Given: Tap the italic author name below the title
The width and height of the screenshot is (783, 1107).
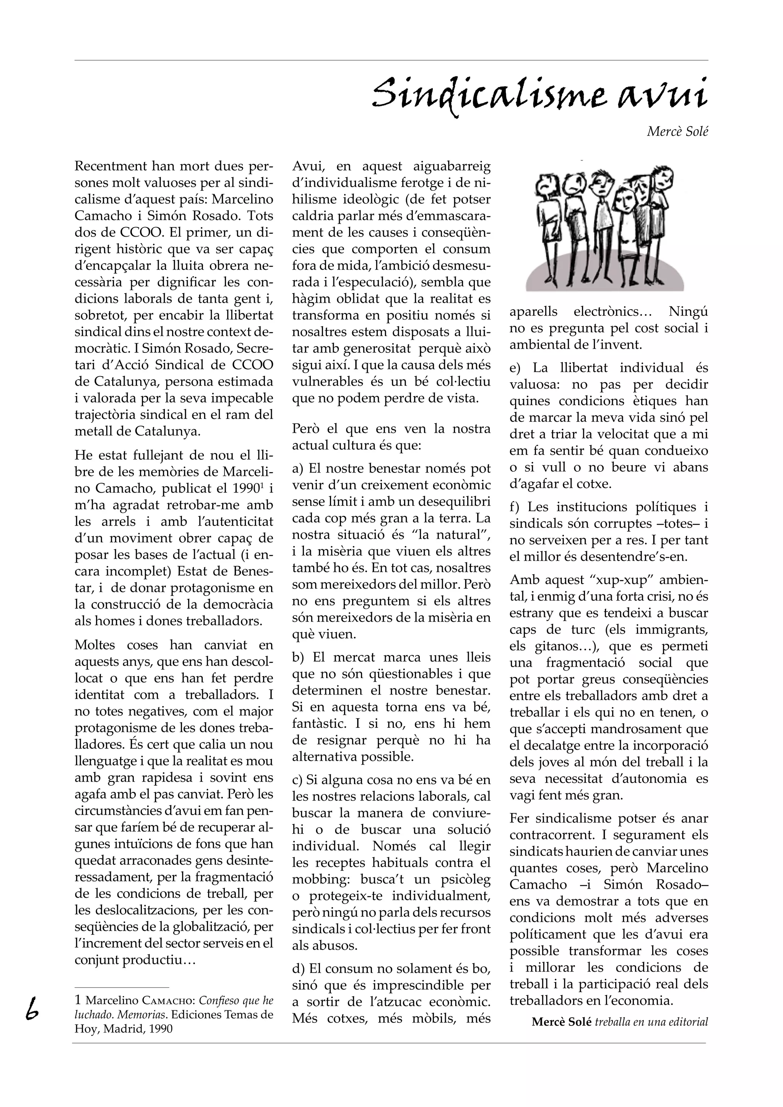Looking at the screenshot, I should (x=677, y=131).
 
